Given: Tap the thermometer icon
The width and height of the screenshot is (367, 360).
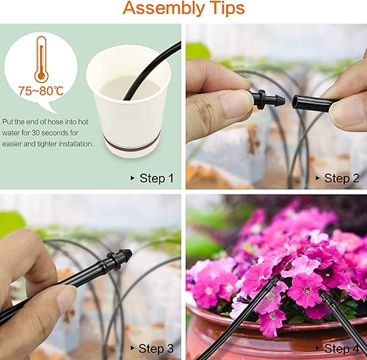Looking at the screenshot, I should tap(42, 59).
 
